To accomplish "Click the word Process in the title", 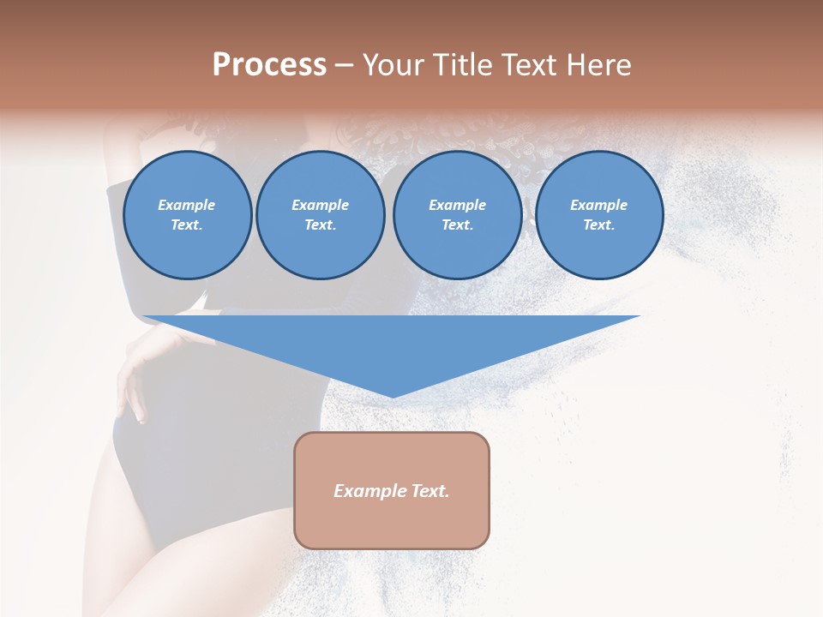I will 269,65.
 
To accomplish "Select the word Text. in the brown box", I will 429,491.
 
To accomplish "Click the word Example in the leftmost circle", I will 187,206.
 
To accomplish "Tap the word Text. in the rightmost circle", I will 598,225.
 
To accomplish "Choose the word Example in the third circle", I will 457,206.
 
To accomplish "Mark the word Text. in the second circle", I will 320,225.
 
